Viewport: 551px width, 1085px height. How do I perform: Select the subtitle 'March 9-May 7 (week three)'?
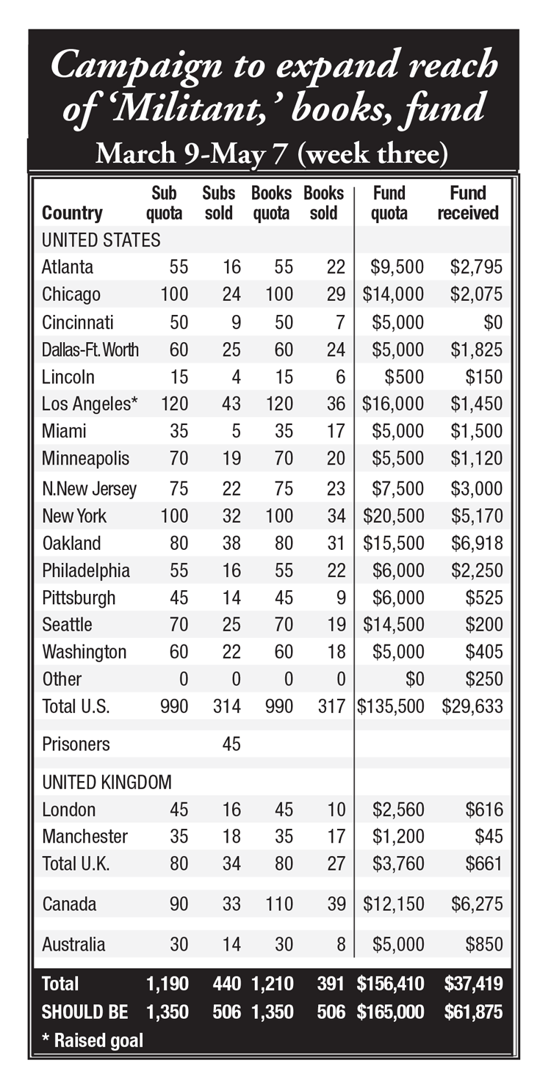pos(273,155)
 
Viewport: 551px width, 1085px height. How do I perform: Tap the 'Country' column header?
pos(72,213)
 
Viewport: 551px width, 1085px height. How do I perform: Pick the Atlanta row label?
pos(68,267)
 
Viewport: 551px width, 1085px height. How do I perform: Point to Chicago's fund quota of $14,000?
pos(394,294)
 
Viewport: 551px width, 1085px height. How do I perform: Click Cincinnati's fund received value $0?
pos(491,322)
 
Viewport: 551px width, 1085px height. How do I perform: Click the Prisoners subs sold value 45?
pos(231,744)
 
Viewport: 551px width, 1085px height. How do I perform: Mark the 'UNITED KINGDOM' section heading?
pos(107,783)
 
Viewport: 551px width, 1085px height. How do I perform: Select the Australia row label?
pos(73,944)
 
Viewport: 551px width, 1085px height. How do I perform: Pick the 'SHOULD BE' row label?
pos(85,1012)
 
